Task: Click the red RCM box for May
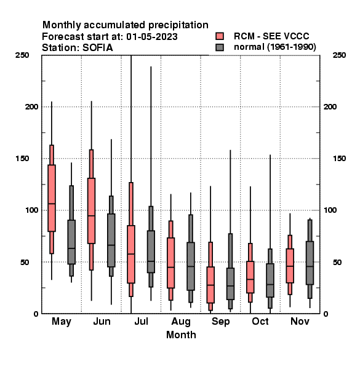(52, 198)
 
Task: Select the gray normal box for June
(111, 240)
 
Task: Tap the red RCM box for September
(210, 285)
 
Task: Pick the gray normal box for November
(310, 263)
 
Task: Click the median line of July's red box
(131, 254)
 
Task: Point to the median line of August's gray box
(191, 266)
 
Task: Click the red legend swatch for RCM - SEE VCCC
(220, 36)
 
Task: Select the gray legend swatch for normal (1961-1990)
(220, 47)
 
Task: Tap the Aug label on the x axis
(181, 322)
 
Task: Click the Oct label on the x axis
(260, 321)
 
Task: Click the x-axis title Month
(181, 335)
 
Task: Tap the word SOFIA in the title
(98, 47)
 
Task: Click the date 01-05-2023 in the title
(152, 36)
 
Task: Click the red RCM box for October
(250, 277)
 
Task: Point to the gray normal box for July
(151, 252)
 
